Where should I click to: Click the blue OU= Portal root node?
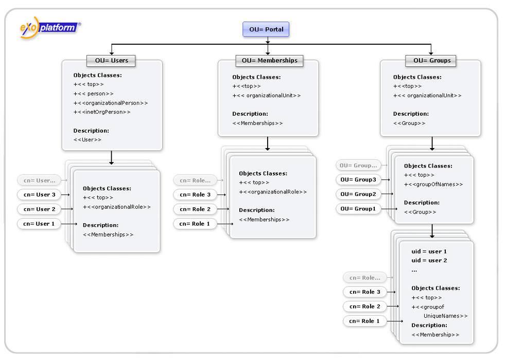coord(266,29)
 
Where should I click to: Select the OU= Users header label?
coord(111,61)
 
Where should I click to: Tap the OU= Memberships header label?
coord(270,61)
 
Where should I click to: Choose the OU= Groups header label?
coord(431,61)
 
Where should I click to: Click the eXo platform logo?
coord(50,28)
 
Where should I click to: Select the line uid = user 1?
coord(429,251)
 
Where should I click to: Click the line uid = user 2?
coord(429,261)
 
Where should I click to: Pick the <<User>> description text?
coord(88,140)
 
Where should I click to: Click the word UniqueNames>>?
coord(445,316)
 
